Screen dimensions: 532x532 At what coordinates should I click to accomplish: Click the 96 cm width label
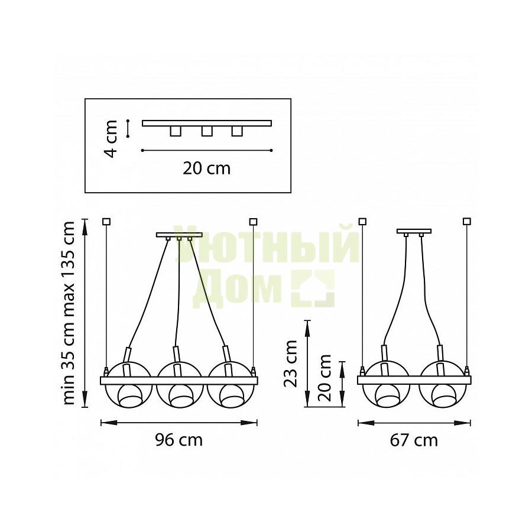click(x=179, y=440)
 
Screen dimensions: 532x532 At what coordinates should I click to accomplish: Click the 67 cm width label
click(x=414, y=440)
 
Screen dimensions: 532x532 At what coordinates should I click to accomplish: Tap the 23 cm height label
click(x=290, y=364)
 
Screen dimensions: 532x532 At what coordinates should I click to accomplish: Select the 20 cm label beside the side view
click(x=325, y=378)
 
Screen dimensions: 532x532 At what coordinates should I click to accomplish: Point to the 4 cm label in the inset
click(x=111, y=138)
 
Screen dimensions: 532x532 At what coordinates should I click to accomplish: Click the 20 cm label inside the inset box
click(x=207, y=168)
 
